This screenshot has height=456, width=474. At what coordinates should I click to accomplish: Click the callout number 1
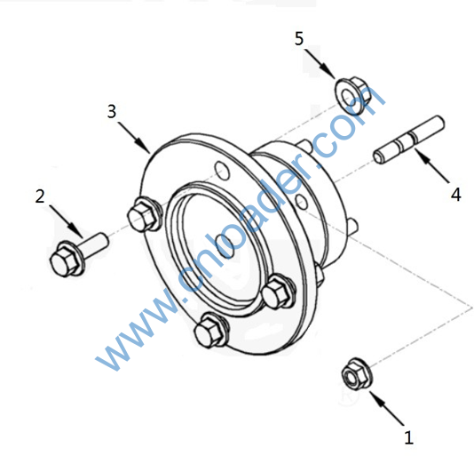click(x=408, y=437)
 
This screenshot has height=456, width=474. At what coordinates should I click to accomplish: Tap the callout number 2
click(x=40, y=196)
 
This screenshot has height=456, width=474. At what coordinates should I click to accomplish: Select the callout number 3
click(x=112, y=111)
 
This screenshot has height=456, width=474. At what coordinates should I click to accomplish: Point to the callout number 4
click(x=456, y=195)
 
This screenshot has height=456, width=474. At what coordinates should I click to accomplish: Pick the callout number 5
click(x=299, y=38)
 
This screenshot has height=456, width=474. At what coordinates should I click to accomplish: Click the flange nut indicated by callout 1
click(x=357, y=373)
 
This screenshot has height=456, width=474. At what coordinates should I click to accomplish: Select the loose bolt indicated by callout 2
click(x=78, y=254)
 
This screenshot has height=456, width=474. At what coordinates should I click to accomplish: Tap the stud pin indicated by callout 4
click(x=409, y=140)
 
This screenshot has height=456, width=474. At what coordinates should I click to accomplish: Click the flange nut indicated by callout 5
click(x=352, y=94)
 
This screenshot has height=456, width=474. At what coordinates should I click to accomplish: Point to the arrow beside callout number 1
click(x=387, y=408)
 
